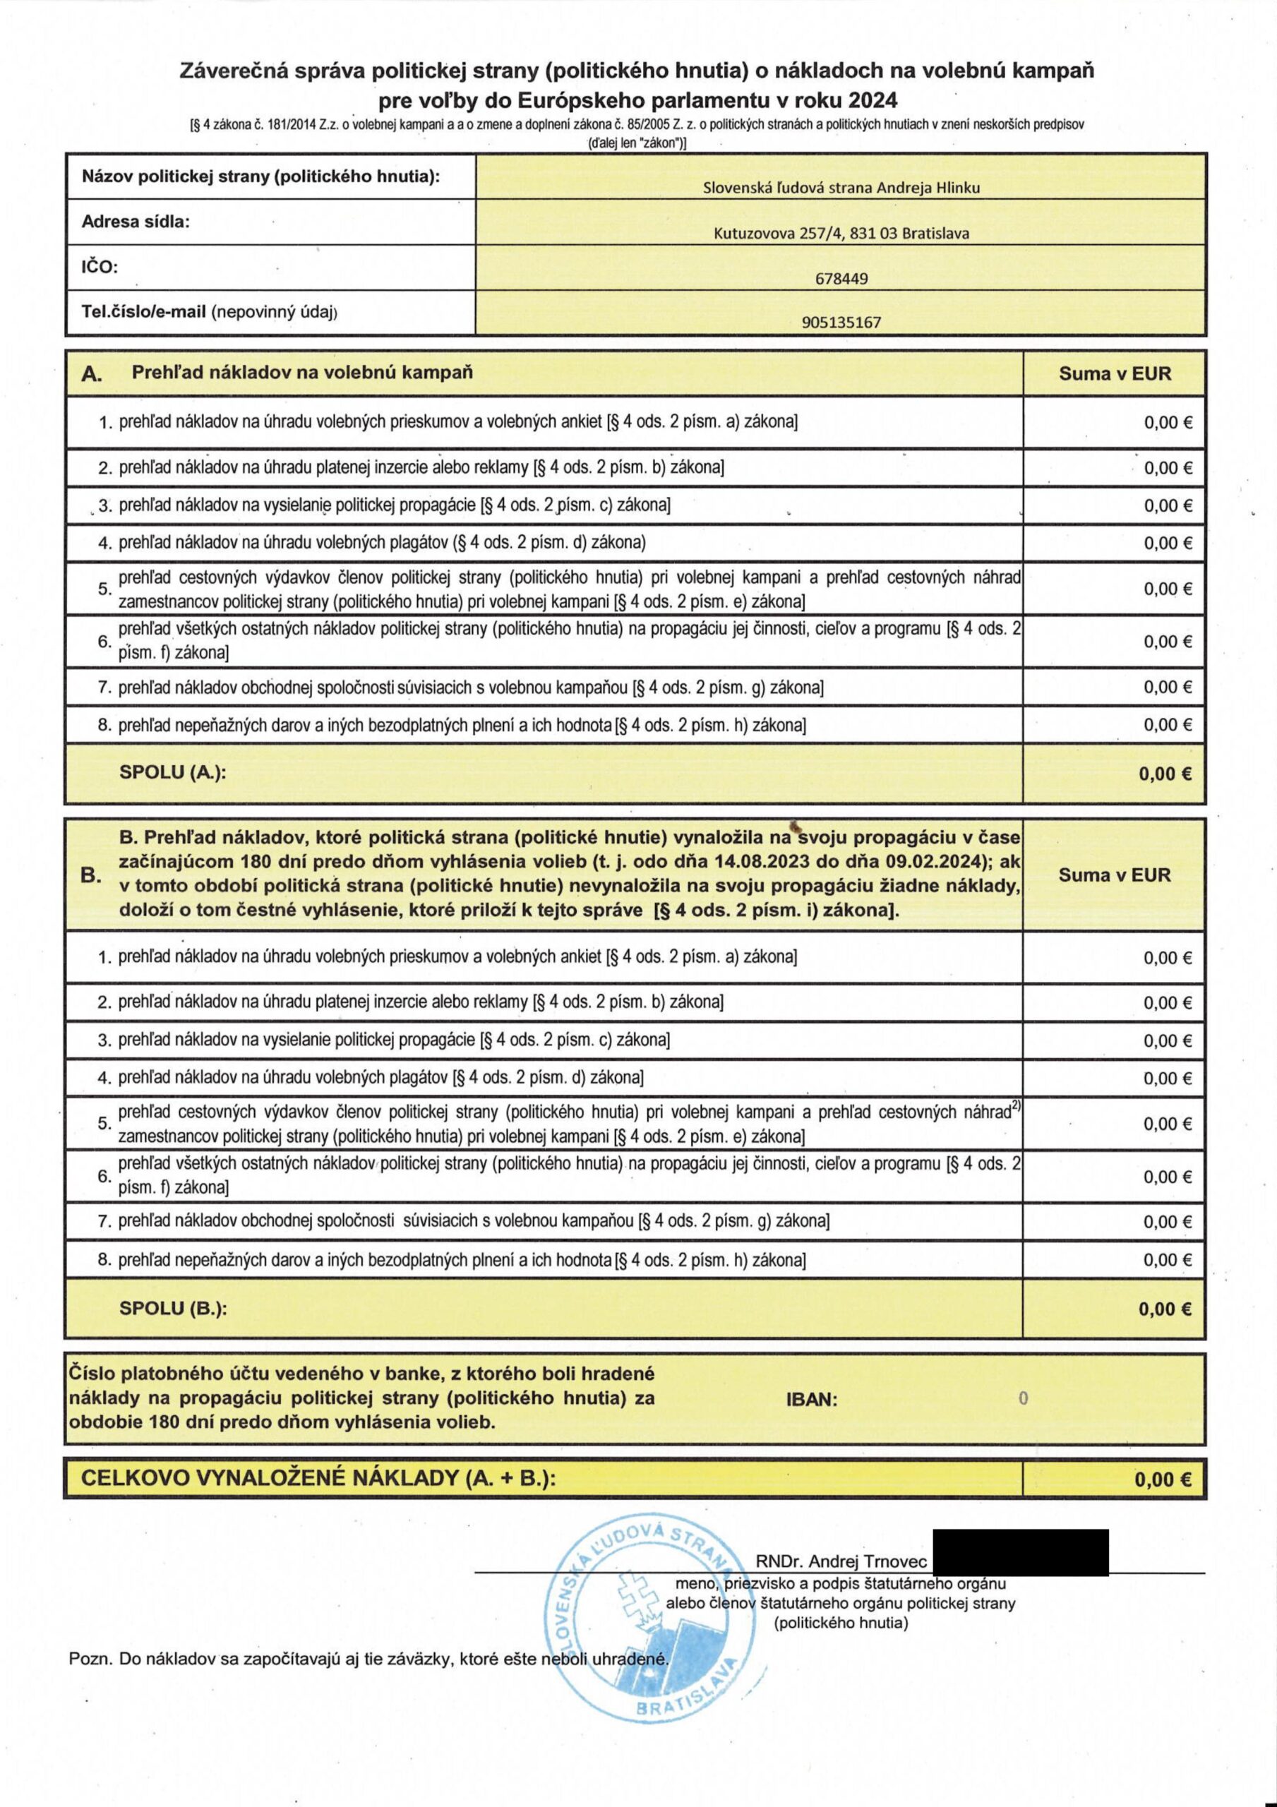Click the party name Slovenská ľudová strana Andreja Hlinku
coord(841,187)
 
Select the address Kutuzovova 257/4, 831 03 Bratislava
coord(841,233)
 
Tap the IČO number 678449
coord(841,279)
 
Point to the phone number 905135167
coord(841,322)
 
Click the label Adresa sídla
coord(136,221)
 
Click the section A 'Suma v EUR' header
coord(1114,374)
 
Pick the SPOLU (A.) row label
coord(172,772)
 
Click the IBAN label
coord(812,1399)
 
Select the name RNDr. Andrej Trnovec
coord(841,1561)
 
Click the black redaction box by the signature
coord(1019,1552)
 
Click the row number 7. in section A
coord(104,687)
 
